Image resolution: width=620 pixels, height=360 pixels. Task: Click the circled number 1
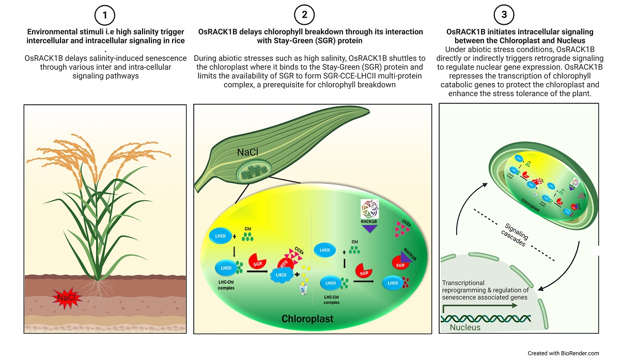(105, 15)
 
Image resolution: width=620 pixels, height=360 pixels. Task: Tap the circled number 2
(304, 15)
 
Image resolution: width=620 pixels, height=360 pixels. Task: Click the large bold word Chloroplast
(307, 318)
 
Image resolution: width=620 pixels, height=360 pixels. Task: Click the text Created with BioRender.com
(563, 353)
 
